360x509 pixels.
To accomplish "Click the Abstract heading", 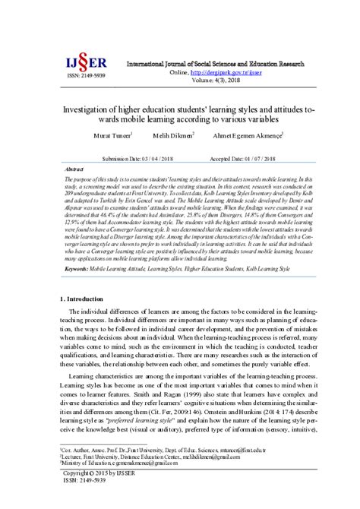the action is [75, 169].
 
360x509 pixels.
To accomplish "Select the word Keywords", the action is [79, 268].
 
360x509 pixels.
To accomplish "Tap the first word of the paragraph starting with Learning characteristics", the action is [84, 375].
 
